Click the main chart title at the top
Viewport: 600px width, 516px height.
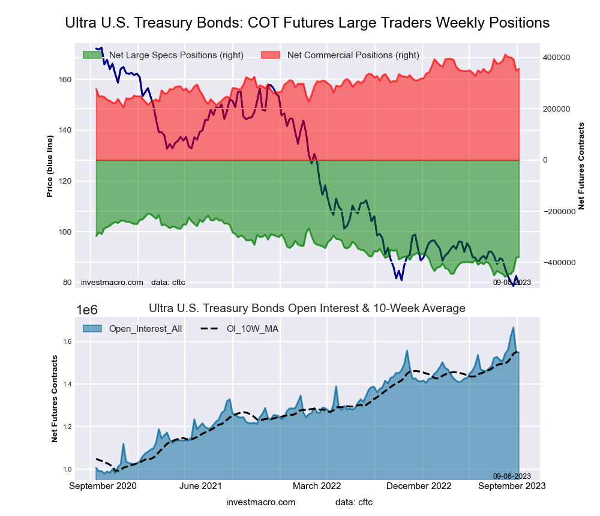pyautogui.click(x=307, y=23)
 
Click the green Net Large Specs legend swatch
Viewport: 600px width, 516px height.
pyautogui.click(x=92, y=55)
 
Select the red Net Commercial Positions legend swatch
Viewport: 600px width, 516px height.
pyautogui.click(x=271, y=55)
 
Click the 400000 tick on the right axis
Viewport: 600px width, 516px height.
pyautogui.click(x=556, y=58)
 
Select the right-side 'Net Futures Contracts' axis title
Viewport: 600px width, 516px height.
pyautogui.click(x=581, y=166)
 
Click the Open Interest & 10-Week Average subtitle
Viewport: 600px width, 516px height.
pyautogui.click(x=307, y=308)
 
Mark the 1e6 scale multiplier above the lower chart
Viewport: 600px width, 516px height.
pyautogui.click(x=88, y=310)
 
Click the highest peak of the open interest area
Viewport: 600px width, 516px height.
pyautogui.click(x=514, y=328)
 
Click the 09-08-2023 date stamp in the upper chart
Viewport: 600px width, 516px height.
pyautogui.click(x=512, y=282)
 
